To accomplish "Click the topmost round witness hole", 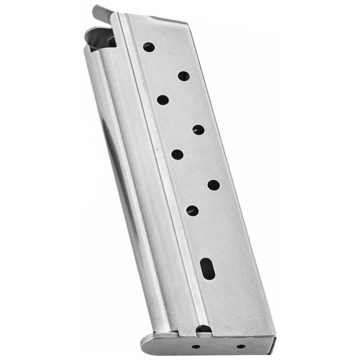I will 149,47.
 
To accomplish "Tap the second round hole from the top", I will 184,76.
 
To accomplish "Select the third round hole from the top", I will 163,100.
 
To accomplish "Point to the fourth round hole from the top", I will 199,130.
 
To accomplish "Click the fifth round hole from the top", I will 177,154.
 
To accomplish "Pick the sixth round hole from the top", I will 213,185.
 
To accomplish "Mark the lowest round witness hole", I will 192,210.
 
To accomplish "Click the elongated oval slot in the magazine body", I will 208,268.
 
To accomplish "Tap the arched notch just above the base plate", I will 204,329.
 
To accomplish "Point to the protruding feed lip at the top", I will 102,14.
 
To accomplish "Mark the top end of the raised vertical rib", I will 122,16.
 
